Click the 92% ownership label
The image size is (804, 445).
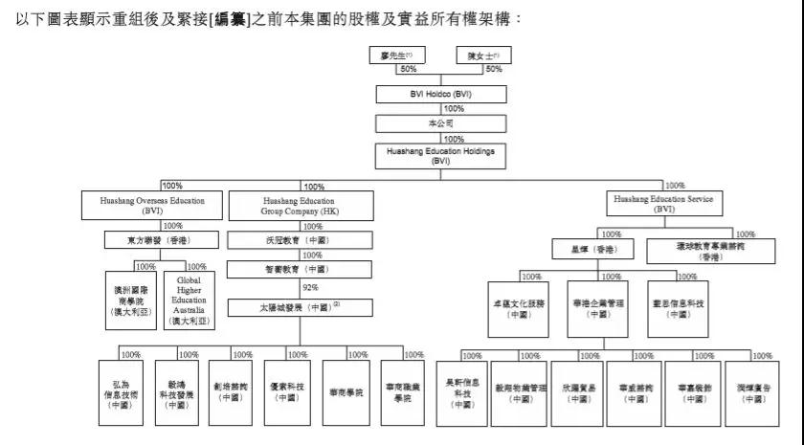[x=309, y=287]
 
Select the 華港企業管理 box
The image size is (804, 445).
[x=597, y=307]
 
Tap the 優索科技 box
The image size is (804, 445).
[x=286, y=392]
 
